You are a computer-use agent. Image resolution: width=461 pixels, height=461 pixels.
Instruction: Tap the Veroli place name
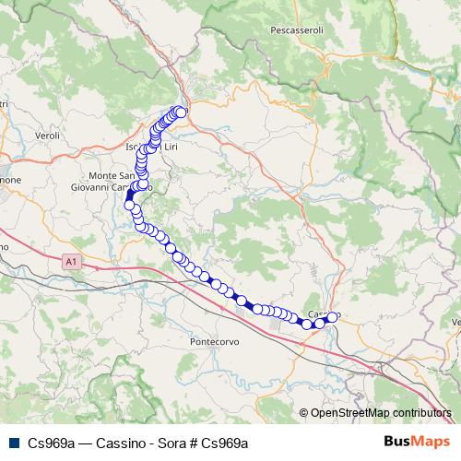click(46, 135)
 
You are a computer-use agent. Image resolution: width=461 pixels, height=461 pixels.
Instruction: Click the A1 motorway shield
click(72, 262)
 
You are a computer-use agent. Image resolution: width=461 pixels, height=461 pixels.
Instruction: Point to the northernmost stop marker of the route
click(182, 112)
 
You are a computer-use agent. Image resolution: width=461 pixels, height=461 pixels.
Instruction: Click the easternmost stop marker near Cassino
click(333, 317)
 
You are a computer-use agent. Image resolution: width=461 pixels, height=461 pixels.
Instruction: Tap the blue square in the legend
click(13, 443)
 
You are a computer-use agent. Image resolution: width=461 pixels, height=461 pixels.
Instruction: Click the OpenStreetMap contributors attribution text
click(381, 414)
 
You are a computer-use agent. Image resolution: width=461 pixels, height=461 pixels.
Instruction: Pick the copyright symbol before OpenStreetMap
click(304, 414)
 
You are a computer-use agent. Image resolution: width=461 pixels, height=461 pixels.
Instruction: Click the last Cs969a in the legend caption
click(226, 443)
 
